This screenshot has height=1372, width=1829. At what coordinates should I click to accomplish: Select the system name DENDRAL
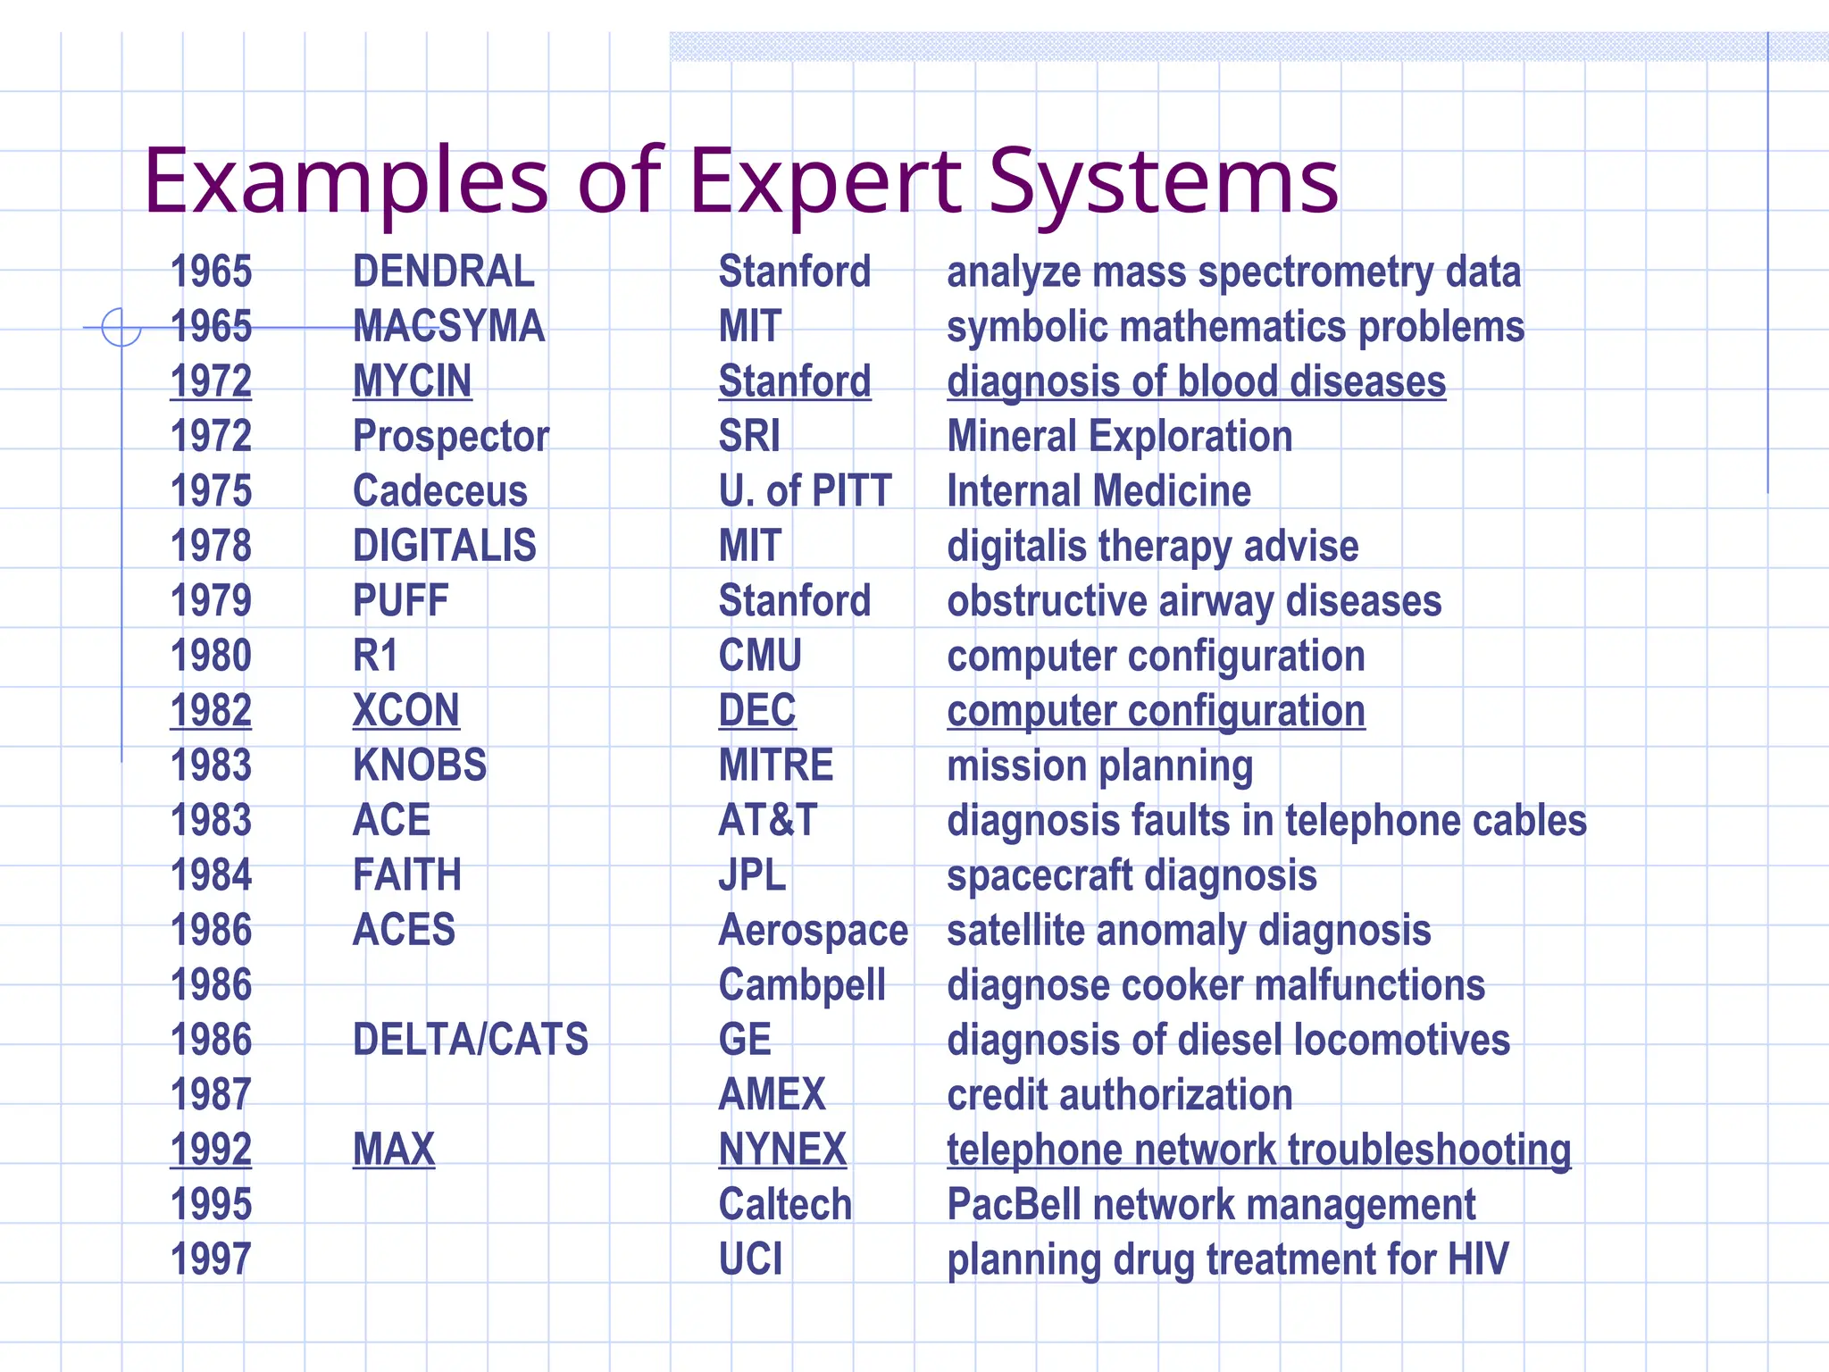tap(444, 272)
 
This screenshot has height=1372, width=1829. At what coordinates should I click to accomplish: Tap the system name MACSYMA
tap(448, 326)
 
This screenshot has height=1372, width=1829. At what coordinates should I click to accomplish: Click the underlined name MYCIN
tap(412, 381)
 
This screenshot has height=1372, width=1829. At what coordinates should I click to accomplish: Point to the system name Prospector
tap(451, 437)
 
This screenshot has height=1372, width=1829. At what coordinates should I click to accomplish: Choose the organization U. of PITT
tap(805, 491)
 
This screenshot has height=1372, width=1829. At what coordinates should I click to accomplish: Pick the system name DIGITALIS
tap(445, 546)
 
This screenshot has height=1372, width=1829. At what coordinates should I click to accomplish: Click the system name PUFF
tap(400, 601)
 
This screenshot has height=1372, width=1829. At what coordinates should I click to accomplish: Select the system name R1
tap(375, 656)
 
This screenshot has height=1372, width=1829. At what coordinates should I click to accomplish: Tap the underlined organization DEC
tap(757, 711)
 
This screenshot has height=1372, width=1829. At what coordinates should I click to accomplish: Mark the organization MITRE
tap(776, 765)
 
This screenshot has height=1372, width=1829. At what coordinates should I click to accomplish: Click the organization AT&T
tap(768, 820)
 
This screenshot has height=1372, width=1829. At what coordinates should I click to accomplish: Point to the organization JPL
tap(752, 875)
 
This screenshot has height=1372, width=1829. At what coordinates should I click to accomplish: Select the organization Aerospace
tap(813, 931)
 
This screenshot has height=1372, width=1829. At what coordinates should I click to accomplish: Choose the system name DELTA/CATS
tap(471, 1040)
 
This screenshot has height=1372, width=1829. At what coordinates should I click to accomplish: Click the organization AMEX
tap(773, 1095)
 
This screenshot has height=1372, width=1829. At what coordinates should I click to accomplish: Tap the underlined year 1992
tap(211, 1150)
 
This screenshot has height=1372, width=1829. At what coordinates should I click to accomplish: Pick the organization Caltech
tap(785, 1204)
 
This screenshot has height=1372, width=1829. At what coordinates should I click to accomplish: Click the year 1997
tap(211, 1259)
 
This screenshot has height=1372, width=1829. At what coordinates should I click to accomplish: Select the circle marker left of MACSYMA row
tap(121, 327)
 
